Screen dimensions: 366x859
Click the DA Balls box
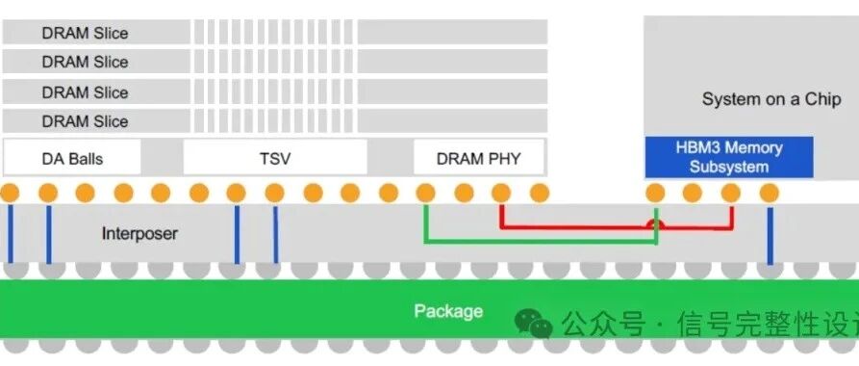point(72,158)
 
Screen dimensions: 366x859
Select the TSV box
point(275,158)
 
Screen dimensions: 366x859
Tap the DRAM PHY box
point(478,158)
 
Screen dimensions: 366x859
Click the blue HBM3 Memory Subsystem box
point(729,157)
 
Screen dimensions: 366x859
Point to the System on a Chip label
point(759,99)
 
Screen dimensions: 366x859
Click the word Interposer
point(139,233)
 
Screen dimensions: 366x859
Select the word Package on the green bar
point(447,311)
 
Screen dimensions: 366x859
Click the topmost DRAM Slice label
point(85,33)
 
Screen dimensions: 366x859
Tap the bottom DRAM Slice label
point(85,121)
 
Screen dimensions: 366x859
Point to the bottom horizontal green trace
point(539,243)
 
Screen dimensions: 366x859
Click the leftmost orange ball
point(10,193)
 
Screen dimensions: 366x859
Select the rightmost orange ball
point(769,193)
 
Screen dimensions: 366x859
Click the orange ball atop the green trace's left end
point(425,193)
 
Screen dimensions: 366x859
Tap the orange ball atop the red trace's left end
point(501,193)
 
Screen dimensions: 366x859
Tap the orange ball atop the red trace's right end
point(730,193)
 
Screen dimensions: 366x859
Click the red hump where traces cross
point(655,224)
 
